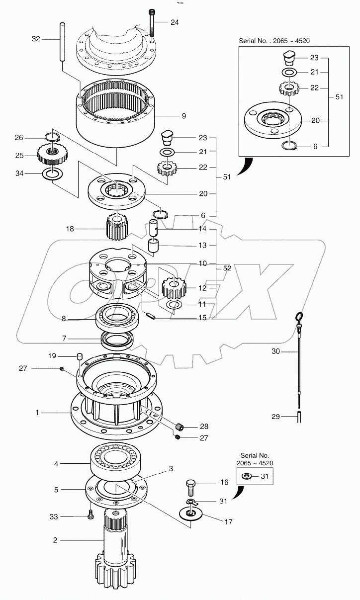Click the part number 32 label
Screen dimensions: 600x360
[35, 38]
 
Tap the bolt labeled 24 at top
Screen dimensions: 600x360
[151, 22]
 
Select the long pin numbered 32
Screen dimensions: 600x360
[63, 42]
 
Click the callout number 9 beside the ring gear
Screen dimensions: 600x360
[183, 116]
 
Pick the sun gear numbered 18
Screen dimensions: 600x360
[118, 227]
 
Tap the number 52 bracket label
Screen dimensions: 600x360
[227, 268]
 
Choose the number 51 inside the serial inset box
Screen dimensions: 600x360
[339, 97]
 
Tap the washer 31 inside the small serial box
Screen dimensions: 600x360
[247, 477]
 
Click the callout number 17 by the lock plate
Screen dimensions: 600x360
[228, 522]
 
